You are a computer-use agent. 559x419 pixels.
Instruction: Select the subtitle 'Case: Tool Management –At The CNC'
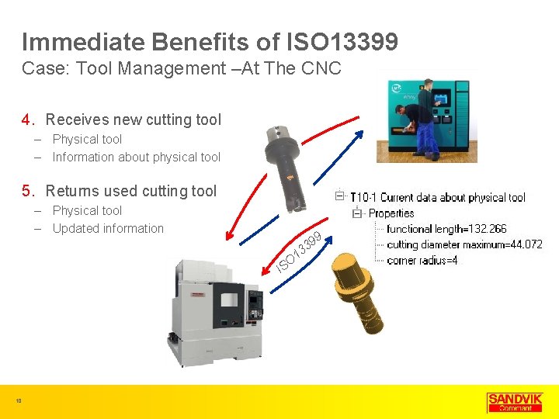click(x=182, y=68)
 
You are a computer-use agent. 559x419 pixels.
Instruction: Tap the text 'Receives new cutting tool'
click(x=133, y=119)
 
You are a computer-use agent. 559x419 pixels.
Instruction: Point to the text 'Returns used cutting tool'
click(x=131, y=191)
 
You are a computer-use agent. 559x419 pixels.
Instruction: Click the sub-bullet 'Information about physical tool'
click(x=136, y=157)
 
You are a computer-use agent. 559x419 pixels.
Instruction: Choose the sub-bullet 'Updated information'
click(x=108, y=228)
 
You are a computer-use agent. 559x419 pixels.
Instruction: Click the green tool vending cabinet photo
click(x=427, y=116)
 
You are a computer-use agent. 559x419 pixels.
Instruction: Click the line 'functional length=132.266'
click(x=446, y=229)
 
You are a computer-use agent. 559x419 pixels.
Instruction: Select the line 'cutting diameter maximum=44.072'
click(x=464, y=244)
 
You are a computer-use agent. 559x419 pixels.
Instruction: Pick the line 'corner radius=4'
click(x=422, y=260)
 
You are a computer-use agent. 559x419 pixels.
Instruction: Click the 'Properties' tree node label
click(x=391, y=213)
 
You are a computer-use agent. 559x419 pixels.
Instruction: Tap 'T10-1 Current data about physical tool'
click(x=438, y=198)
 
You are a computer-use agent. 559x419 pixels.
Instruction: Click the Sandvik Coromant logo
click(x=514, y=401)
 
